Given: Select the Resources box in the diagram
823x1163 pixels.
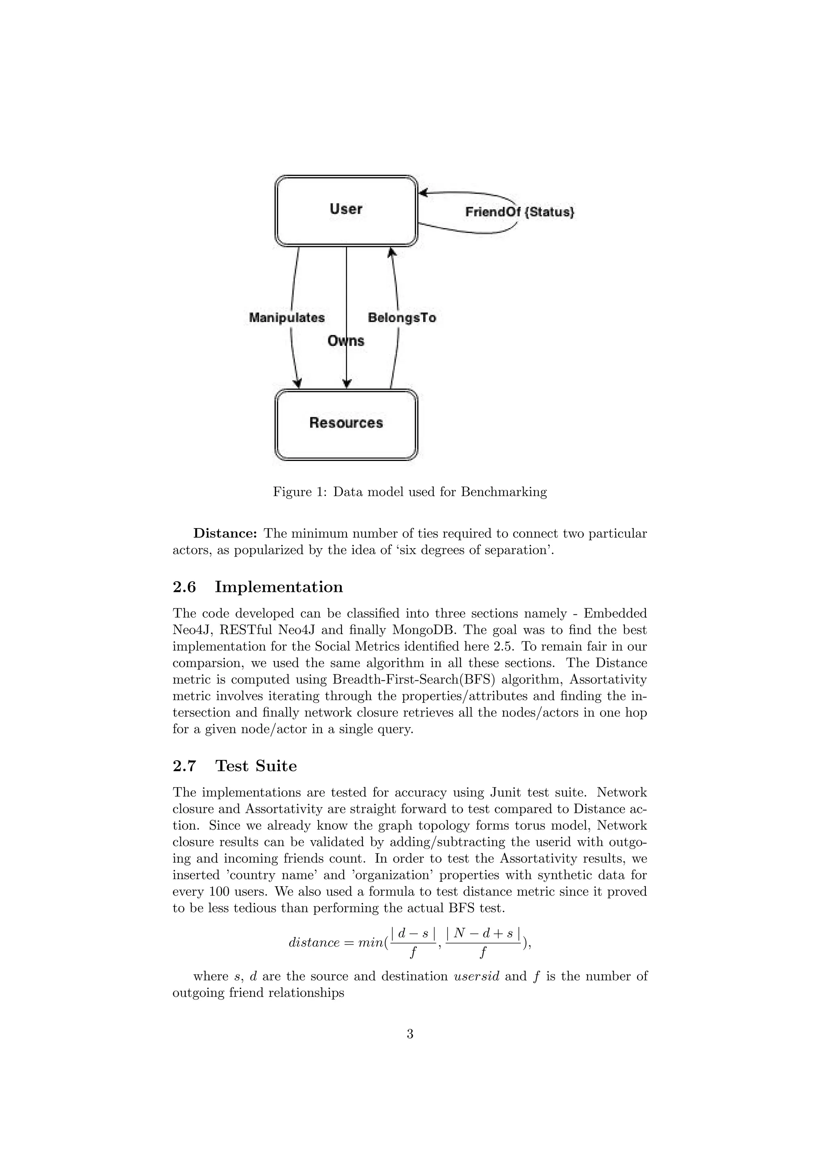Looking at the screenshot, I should point(346,424).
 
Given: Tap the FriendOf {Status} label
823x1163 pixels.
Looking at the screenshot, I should point(520,212).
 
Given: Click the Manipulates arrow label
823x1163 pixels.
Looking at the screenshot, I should point(287,318).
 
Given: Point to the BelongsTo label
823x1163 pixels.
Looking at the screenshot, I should point(402,318).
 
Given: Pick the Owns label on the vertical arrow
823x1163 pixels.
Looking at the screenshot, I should point(346,341).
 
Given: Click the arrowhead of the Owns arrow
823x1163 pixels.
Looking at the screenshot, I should point(347,384).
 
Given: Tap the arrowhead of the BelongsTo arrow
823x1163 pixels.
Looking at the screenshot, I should point(391,252).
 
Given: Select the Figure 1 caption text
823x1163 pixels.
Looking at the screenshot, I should point(410,492).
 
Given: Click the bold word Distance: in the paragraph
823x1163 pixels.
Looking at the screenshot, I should point(225,533).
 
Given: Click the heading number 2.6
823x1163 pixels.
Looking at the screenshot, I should point(184,587).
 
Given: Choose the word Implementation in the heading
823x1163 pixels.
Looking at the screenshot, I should point(279,587).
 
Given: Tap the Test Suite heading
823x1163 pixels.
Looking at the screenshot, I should point(256,766).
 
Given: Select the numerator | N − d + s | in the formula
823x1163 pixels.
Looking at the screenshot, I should point(483,933).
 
